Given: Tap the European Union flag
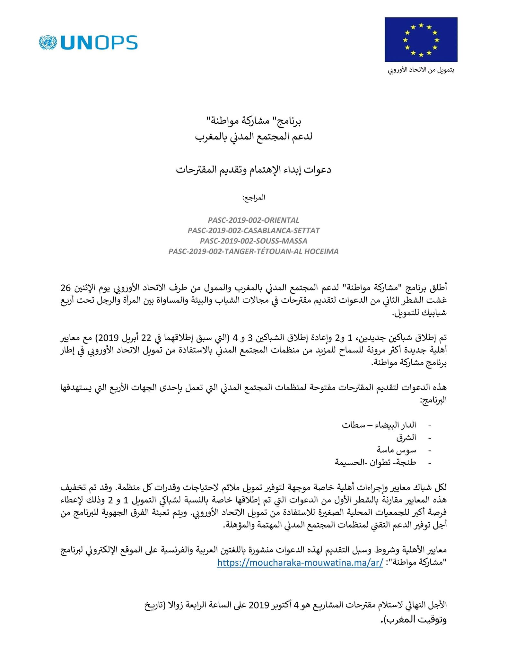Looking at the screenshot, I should [421, 40].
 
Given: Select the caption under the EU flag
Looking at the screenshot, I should [421, 70].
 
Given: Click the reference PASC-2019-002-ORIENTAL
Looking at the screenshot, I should [253, 220].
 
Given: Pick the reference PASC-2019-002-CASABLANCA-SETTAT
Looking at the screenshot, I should [253, 231].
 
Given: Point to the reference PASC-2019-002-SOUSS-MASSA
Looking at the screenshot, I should [253, 241].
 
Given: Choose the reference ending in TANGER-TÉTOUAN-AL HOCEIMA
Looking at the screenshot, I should [253, 252].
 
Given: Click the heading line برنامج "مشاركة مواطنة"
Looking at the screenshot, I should [253, 121].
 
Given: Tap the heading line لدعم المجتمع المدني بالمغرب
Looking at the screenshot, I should [253, 137].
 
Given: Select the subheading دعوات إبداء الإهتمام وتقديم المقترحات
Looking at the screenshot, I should [253, 170].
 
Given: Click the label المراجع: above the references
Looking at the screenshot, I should [253, 197].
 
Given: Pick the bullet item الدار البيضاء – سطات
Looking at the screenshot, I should [379, 425].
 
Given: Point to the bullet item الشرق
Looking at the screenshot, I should [406, 438].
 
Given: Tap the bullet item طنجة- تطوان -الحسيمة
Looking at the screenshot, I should [375, 463].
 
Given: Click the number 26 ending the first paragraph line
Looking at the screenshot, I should [66, 287].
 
